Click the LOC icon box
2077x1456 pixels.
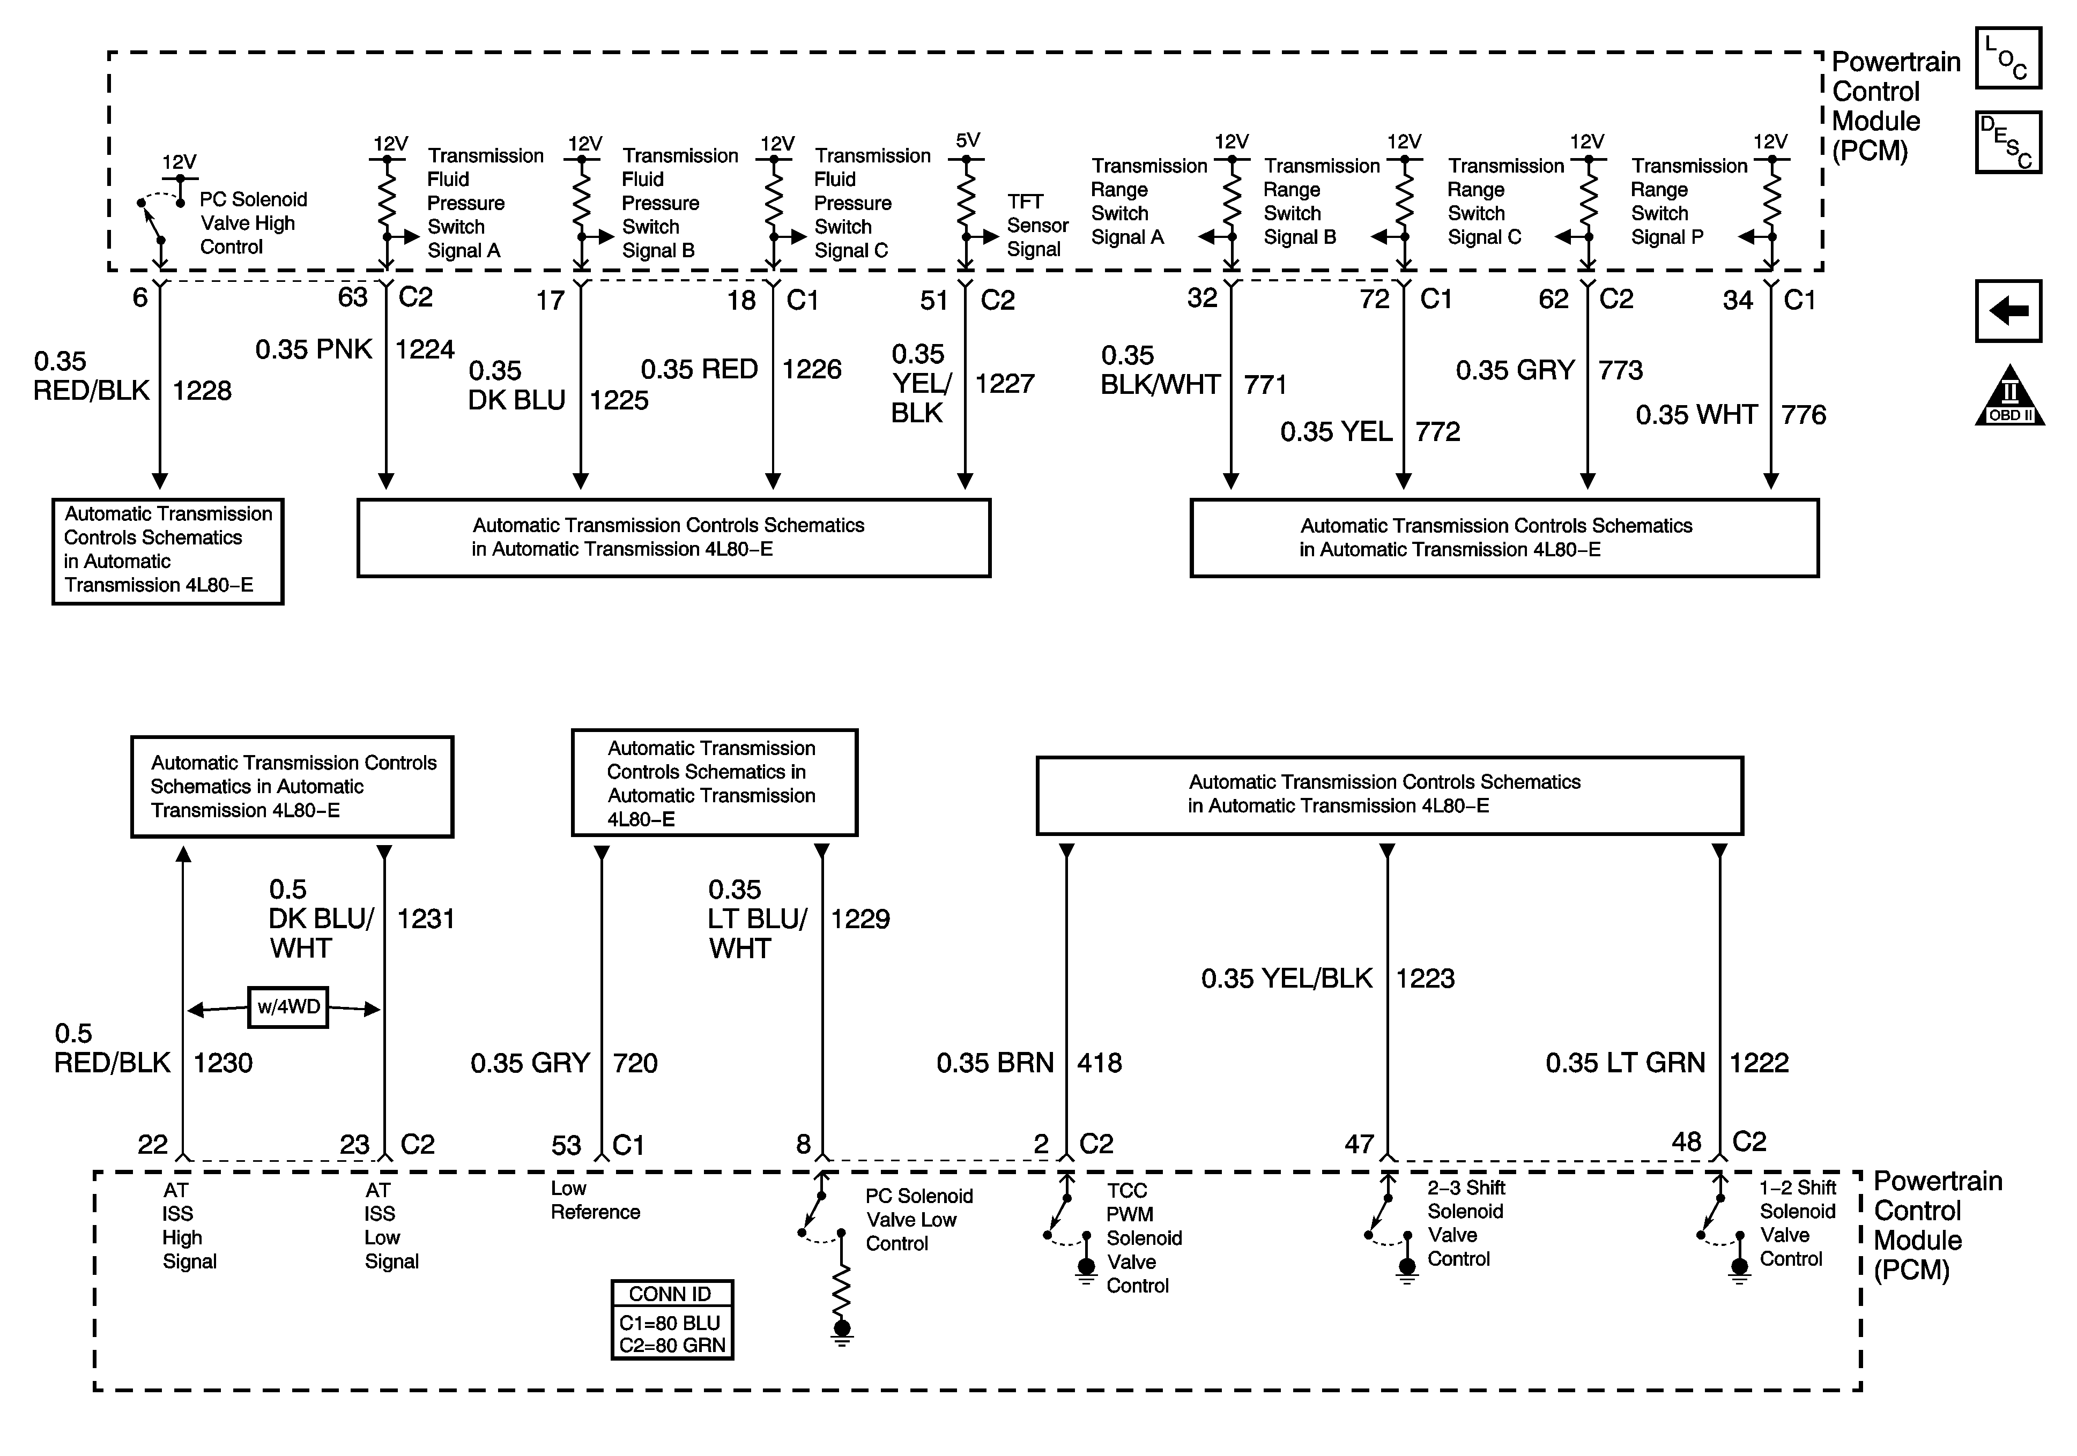(2007, 58)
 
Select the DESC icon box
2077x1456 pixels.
(2007, 142)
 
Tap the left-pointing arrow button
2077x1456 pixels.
(2007, 311)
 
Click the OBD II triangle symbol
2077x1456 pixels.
(2009, 398)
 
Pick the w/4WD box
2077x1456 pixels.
(288, 1006)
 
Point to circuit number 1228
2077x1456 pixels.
(202, 391)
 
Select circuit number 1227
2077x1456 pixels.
(1004, 384)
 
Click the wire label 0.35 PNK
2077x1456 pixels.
(313, 349)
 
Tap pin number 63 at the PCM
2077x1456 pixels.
(353, 297)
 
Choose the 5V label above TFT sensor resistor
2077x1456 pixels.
(967, 140)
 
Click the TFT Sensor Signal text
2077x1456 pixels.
(1037, 225)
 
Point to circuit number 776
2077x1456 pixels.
(1803, 415)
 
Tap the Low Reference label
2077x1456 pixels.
(595, 1200)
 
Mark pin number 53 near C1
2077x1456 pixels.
(566, 1146)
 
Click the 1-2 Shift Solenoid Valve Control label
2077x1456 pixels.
(1797, 1223)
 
